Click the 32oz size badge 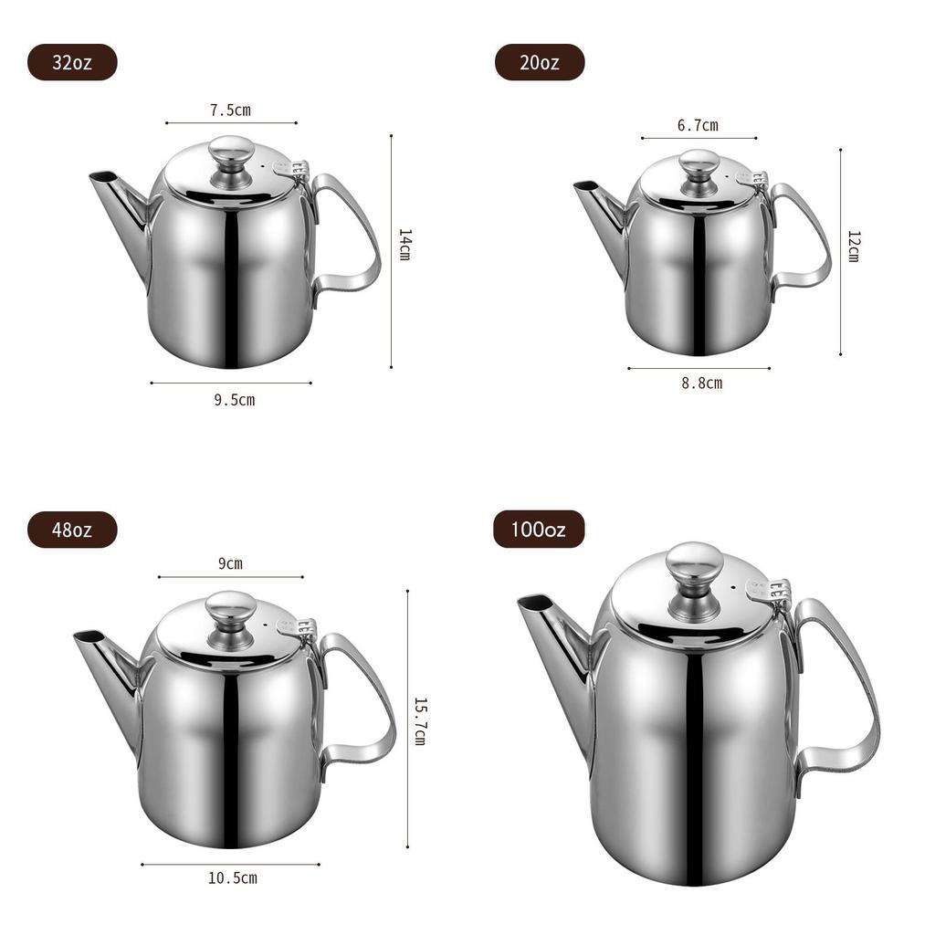coord(72,62)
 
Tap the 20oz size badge coord(540,62)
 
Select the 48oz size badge coord(72,530)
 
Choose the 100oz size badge coord(539,529)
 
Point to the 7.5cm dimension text coord(230,110)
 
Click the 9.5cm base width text coord(235,400)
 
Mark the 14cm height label coord(404,245)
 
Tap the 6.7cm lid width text coord(698,126)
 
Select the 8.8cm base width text coord(702,383)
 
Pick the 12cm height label coord(854,247)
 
